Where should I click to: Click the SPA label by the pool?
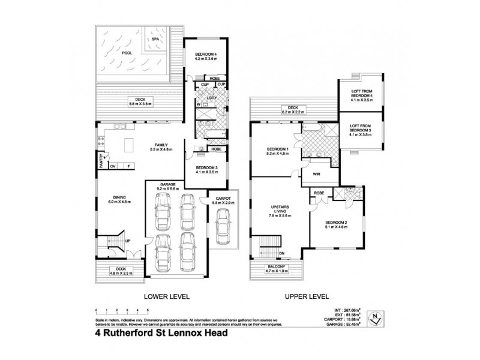[x=155, y=39]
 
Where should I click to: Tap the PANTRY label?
[x=102, y=162]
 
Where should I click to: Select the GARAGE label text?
[x=167, y=185]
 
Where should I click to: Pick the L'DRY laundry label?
[x=211, y=98]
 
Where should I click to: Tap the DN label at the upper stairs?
[x=282, y=253]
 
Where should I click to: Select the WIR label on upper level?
[x=316, y=175]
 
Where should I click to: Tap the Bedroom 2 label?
[x=336, y=224]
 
